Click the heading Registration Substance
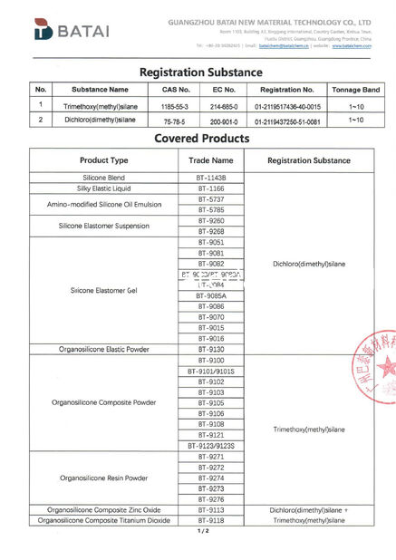tap(200, 72)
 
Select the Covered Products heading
tap(201, 139)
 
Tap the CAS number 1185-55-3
tap(175, 105)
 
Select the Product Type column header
tap(103, 159)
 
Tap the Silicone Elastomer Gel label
tap(103, 290)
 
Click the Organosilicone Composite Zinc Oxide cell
tap(103, 509)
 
